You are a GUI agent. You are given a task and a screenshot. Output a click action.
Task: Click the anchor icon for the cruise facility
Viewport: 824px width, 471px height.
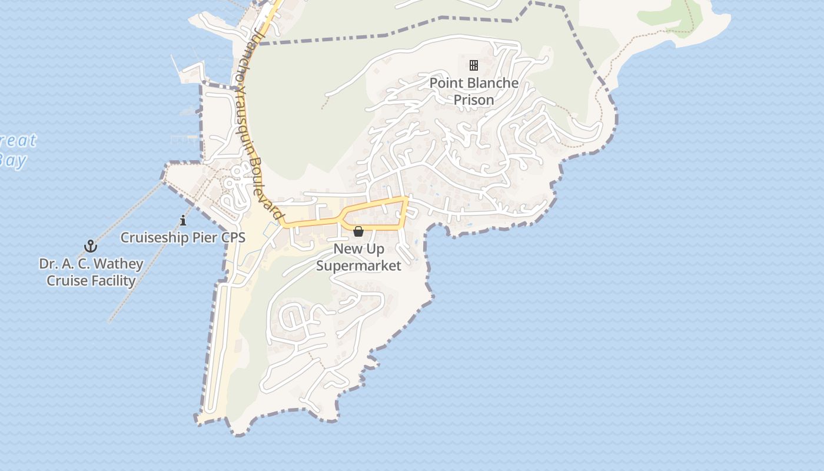[x=91, y=246]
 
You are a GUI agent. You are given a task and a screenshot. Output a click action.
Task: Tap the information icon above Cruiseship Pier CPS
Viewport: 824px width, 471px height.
[x=183, y=221]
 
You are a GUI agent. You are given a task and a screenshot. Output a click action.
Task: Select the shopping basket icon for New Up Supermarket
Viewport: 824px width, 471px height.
[x=358, y=231]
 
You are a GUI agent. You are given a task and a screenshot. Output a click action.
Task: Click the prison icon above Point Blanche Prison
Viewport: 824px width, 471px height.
[x=474, y=65]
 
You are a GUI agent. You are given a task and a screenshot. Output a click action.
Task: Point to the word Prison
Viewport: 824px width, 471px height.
[x=474, y=100]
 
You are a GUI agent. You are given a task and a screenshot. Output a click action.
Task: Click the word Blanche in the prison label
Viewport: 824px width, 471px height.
[x=490, y=83]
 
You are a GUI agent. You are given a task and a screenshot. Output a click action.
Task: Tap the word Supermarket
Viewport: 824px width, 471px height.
[x=358, y=266]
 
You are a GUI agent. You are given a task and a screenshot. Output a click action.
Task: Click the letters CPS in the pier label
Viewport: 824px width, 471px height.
[x=232, y=238]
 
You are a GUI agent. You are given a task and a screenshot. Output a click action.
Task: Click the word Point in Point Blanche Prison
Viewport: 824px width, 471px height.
[x=444, y=83]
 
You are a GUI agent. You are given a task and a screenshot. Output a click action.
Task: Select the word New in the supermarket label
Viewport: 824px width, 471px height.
[x=346, y=249]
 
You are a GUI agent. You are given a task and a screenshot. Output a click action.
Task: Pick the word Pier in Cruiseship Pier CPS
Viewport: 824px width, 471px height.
[x=198, y=238]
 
